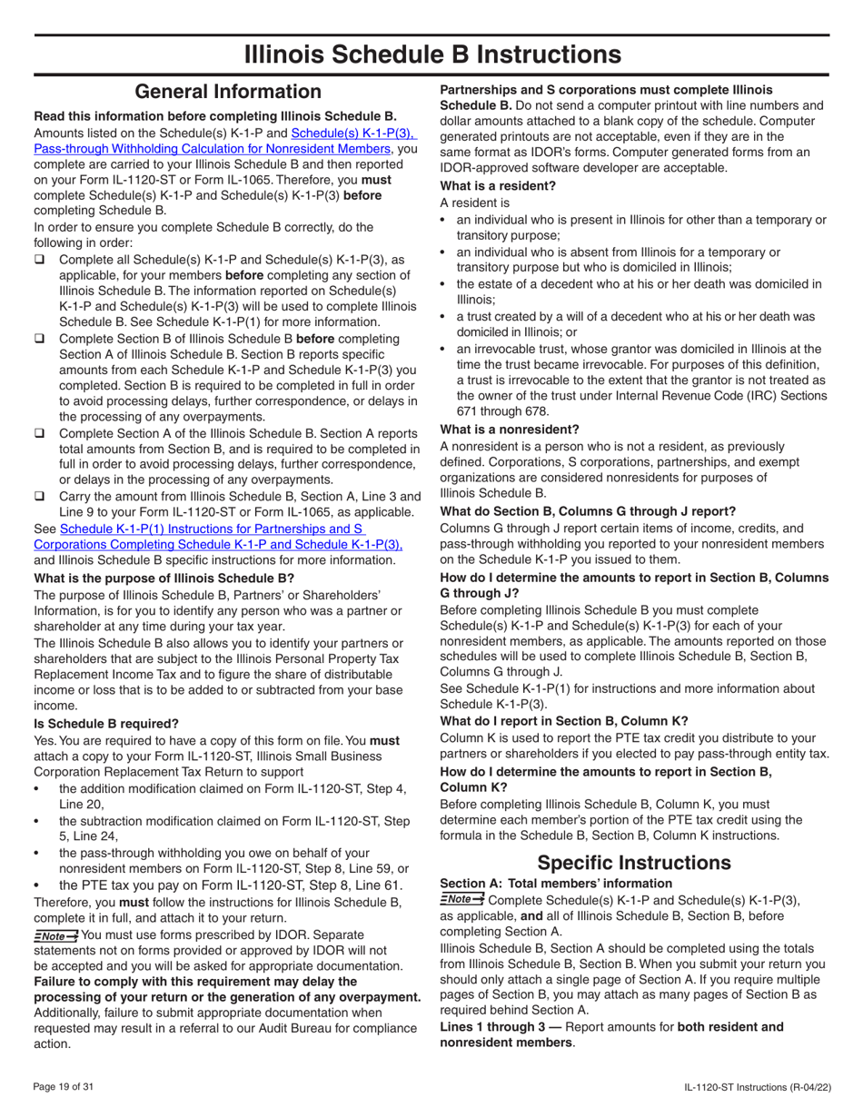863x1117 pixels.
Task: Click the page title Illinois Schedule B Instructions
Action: pos(432,54)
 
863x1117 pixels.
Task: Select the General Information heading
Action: pos(227,92)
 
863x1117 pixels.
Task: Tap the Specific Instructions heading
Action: pos(633,861)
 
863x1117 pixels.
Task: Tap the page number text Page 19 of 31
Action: pos(68,1085)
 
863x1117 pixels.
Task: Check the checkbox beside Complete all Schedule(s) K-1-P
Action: pos(40,261)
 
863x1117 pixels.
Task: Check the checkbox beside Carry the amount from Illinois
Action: pos(40,496)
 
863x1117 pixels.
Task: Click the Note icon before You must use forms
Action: pos(55,935)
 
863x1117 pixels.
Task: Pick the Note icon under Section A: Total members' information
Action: pos(461,899)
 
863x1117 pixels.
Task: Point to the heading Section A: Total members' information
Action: pos(555,883)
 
